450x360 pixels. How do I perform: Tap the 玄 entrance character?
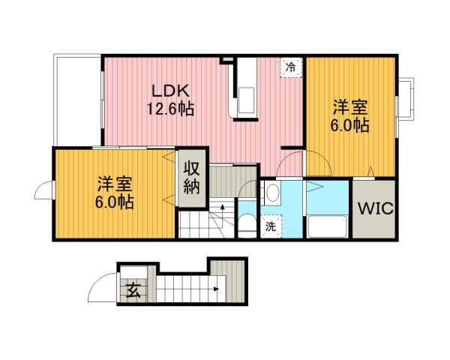pyautogui.click(x=132, y=287)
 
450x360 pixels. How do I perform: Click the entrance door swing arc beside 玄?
pyautogui.click(x=100, y=287)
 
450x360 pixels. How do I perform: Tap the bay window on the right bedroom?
pyautogui.click(x=407, y=98)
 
